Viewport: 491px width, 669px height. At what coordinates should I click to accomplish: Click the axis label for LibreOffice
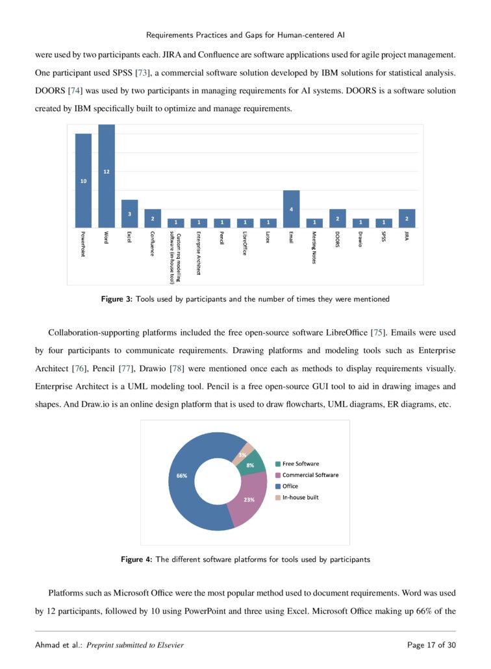[245, 243]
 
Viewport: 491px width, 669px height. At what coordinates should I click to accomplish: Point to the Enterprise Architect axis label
[198, 253]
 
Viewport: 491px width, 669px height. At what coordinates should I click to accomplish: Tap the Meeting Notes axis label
[314, 247]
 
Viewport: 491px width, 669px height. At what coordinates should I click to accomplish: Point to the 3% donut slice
[243, 453]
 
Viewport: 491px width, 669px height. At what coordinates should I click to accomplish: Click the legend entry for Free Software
[299, 464]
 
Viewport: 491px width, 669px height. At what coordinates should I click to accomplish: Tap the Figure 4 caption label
[136, 559]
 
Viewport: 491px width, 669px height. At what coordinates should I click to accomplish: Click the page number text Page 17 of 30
[431, 645]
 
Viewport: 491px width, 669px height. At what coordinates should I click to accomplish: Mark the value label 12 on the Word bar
[107, 171]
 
